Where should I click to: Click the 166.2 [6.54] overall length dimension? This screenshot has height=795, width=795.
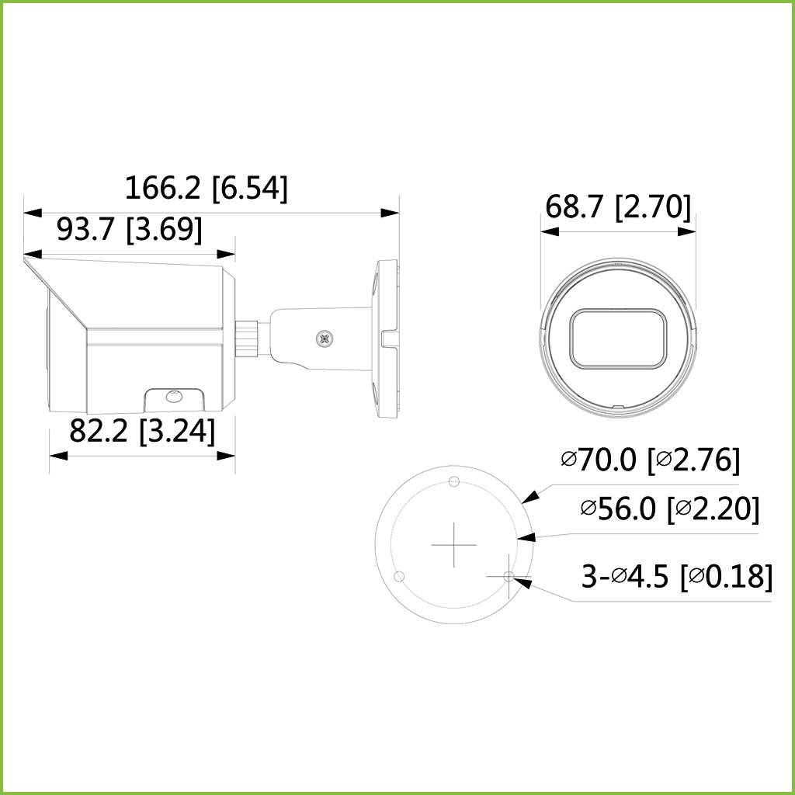207,189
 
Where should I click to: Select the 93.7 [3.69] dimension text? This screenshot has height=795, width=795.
130,230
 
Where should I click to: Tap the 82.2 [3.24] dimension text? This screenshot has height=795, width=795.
142,432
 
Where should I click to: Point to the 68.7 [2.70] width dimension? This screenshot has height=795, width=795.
618,208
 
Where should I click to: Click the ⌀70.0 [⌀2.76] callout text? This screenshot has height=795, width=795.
650,460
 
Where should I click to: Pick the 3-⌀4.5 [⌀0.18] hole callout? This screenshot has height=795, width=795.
677,577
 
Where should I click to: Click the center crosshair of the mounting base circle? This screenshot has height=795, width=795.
453,545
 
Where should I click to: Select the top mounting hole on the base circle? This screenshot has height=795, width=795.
455,479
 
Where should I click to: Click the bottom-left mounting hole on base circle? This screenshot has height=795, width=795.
399,577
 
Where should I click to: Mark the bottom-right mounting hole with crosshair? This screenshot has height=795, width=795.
509,576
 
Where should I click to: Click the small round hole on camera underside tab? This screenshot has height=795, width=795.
173,397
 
